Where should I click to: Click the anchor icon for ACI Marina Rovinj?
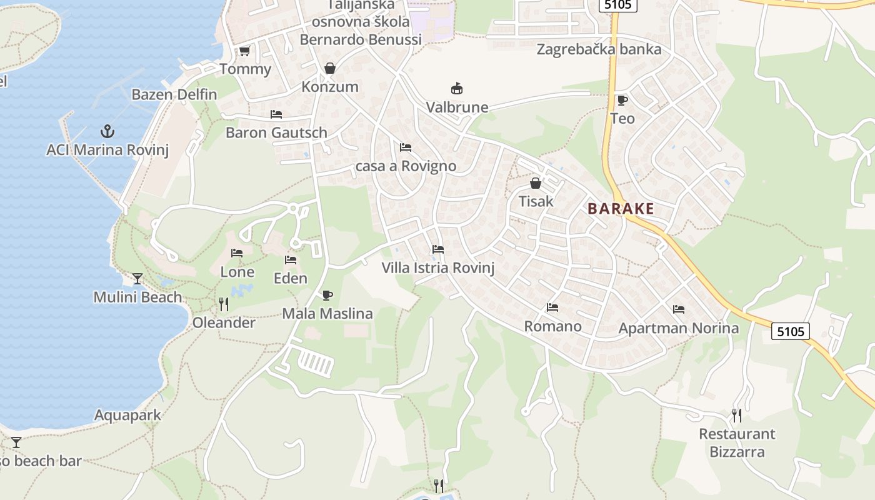pos(107,131)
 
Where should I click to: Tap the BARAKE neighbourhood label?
pos(621,209)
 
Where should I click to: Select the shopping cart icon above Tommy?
pos(244,51)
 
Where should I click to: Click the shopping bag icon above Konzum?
pos(329,68)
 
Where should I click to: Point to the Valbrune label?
pos(457,107)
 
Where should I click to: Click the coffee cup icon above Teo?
pos(622,100)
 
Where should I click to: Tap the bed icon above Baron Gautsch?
pos(276,114)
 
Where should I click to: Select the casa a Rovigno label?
pos(406,166)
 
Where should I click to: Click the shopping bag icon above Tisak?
pos(536,183)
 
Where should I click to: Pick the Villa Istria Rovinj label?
pos(438,269)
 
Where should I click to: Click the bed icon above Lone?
pos(237,253)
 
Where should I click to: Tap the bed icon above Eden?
pos(291,260)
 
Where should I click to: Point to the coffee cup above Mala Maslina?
pos(327,295)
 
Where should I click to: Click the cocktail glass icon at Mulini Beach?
pos(137,279)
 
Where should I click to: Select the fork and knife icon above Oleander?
pos(224,304)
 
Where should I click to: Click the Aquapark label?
pos(127,415)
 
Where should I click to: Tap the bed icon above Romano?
pos(552,307)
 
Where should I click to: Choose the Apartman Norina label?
pos(678,328)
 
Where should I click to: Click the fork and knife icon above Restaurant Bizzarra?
pos(737,415)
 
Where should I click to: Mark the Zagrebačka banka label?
pos(599,49)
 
